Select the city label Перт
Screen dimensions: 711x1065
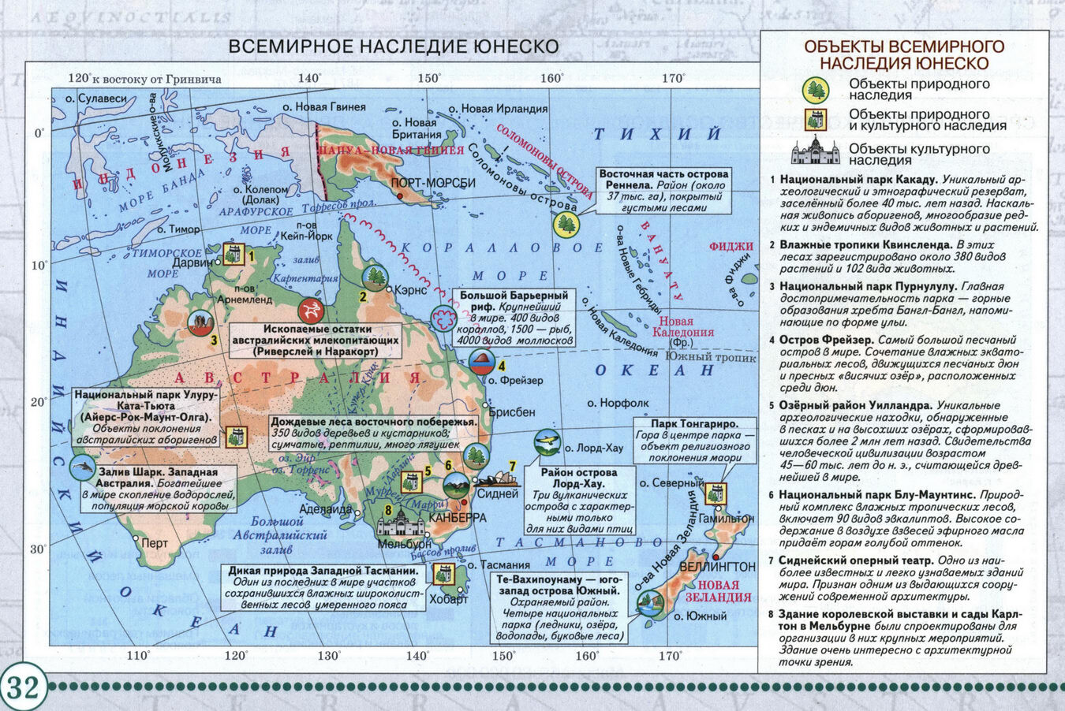pyautogui.click(x=154, y=543)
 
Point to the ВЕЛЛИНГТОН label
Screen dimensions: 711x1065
pyautogui.click(x=716, y=567)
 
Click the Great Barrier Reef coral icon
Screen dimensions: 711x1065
pyautogui.click(x=443, y=318)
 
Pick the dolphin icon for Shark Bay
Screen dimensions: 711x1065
pyautogui.click(x=82, y=467)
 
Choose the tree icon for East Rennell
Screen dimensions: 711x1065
pyautogui.click(x=566, y=225)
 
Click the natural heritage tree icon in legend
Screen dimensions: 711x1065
pyautogui.click(x=815, y=90)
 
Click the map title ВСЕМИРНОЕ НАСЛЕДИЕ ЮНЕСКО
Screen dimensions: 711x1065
pyautogui.click(x=393, y=47)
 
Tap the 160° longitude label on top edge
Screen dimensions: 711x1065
pyautogui.click(x=551, y=78)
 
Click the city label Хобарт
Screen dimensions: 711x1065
pyautogui.click(x=450, y=599)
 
